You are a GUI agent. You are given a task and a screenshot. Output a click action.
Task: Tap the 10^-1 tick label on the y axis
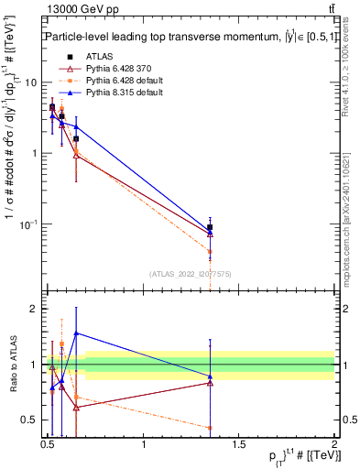[x=29, y=224]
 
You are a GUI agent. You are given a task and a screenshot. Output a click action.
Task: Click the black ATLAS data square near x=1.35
[x=211, y=227]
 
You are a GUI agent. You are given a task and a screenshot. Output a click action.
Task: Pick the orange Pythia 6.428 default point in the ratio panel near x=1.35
[x=211, y=428]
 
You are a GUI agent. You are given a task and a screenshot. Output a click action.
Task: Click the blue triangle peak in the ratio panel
[x=76, y=333]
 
